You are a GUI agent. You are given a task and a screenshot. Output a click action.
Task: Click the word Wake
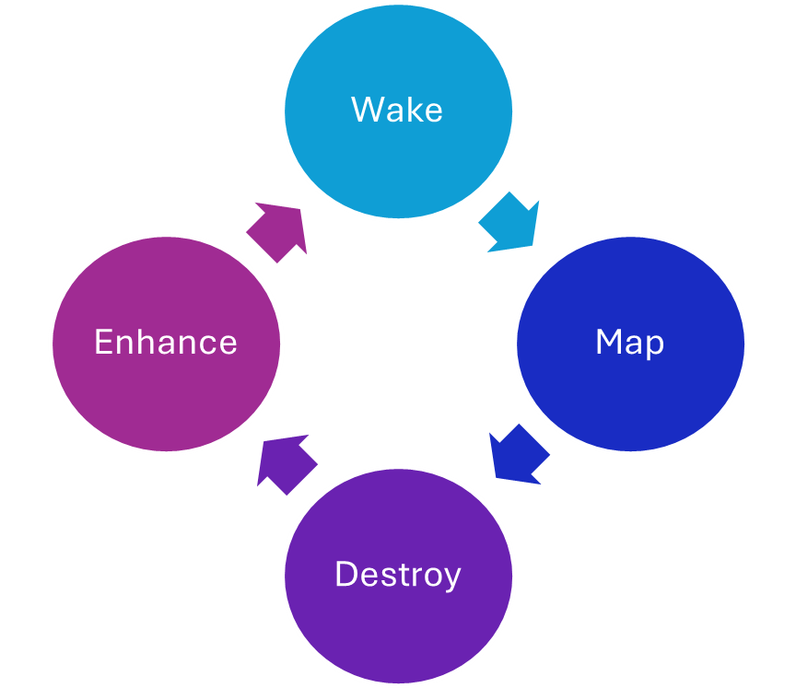[x=397, y=110]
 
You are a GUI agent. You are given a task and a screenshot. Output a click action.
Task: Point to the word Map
[x=630, y=343]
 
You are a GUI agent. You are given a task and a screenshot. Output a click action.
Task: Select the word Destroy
[x=397, y=575]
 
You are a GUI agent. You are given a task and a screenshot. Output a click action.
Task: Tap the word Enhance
[x=166, y=343]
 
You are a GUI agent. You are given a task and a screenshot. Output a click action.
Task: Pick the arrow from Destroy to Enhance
[x=286, y=462]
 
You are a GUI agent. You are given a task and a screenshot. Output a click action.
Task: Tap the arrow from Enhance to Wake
[x=277, y=231]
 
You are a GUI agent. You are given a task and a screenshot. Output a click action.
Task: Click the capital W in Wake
[x=366, y=110]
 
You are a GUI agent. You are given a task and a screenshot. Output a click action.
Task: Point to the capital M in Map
[x=609, y=343]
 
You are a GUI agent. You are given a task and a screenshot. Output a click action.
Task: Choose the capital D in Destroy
[x=346, y=575]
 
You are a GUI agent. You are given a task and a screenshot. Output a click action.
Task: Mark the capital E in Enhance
[x=104, y=343]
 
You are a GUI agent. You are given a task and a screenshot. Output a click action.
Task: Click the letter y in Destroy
[x=451, y=578]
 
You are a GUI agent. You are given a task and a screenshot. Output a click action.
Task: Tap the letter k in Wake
[x=413, y=110]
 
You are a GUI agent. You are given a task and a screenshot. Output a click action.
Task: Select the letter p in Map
[x=654, y=346]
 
